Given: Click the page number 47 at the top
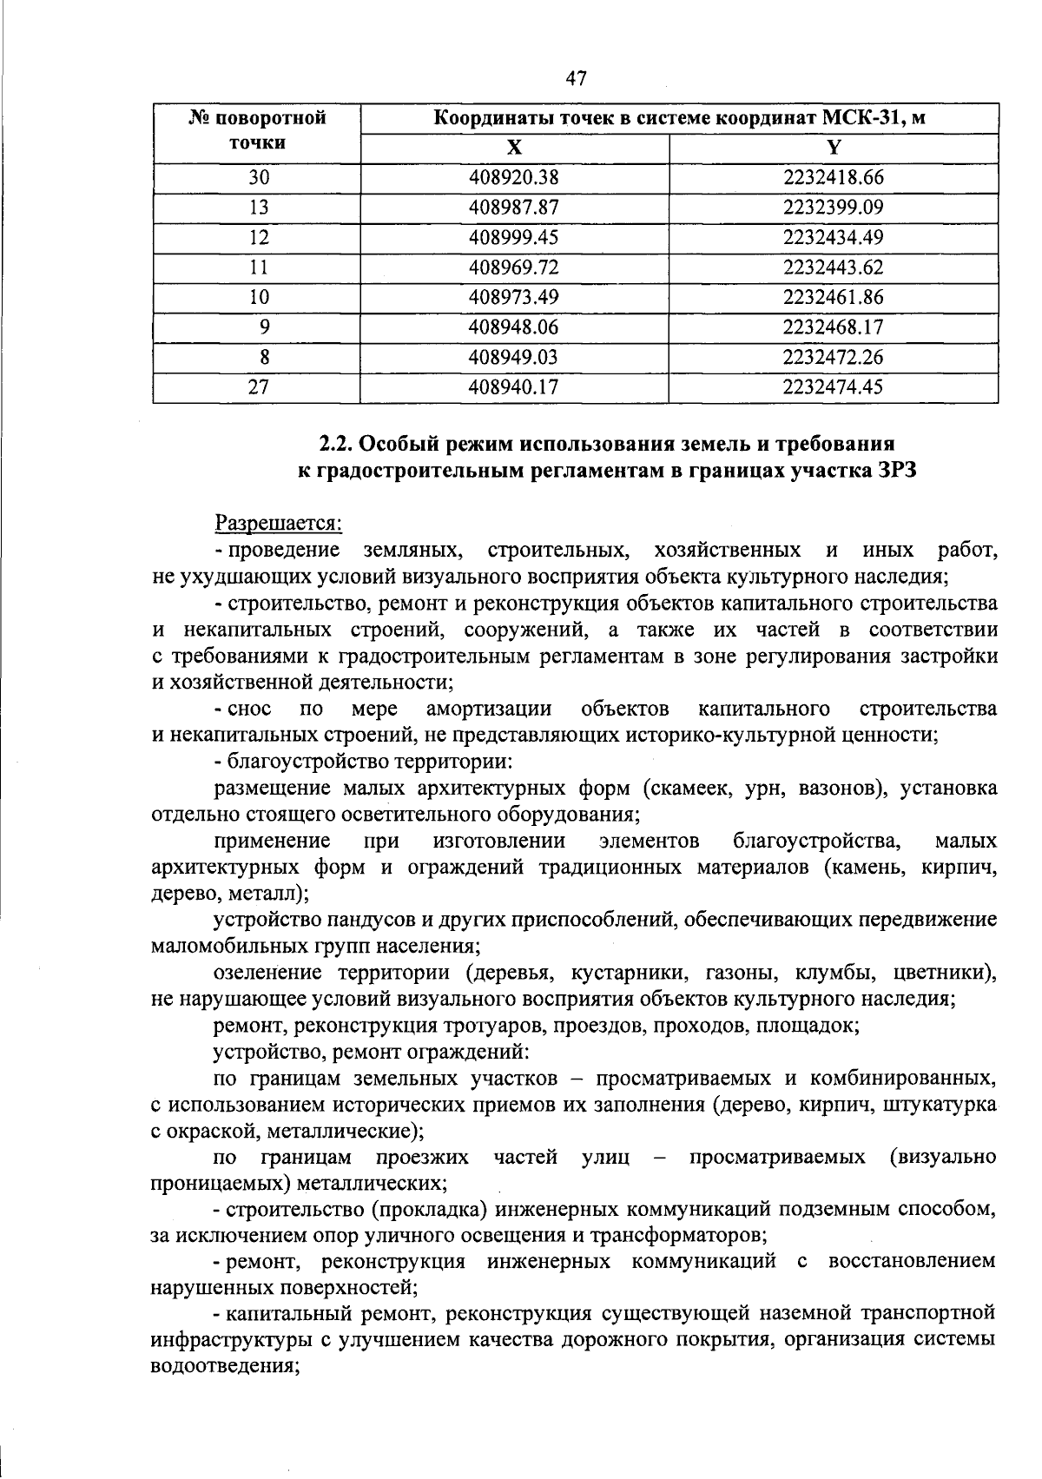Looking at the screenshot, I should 576,79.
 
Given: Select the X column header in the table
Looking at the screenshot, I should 514,148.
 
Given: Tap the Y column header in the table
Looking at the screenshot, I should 834,148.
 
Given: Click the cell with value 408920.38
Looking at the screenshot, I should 513,178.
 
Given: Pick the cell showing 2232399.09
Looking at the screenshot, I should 833,208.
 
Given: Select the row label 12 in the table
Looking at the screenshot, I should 258,238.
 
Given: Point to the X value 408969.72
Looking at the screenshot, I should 513,267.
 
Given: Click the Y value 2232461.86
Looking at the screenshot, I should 833,297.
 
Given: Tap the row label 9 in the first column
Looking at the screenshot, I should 264,327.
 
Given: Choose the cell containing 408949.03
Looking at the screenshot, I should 513,357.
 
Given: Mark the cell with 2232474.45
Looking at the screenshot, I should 833,387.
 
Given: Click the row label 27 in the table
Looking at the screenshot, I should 258,387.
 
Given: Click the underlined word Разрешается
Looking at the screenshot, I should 279,524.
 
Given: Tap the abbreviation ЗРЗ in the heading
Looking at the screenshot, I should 893,472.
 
